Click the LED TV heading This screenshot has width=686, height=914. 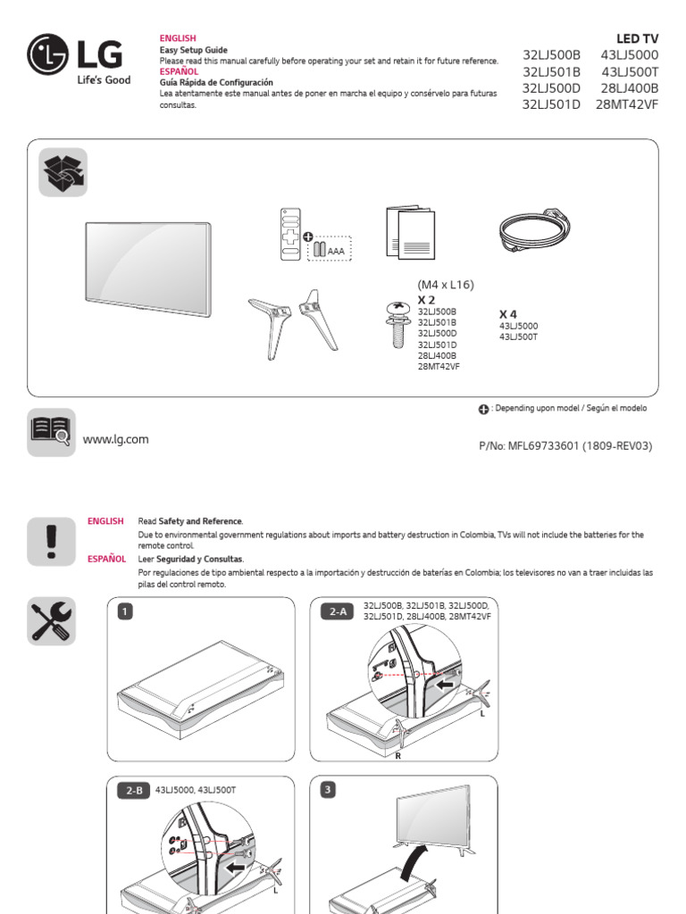coord(637,37)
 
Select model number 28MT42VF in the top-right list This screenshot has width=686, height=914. coord(626,104)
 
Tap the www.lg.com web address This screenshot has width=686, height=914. coord(115,439)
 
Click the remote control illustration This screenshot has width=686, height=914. coord(289,236)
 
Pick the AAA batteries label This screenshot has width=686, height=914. coord(335,252)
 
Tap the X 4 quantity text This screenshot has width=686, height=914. coord(507,314)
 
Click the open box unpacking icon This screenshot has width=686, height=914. coord(63,171)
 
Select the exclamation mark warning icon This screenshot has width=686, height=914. coord(51,541)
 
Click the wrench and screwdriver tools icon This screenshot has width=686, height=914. coord(52,621)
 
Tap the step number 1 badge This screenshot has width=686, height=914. coord(126,611)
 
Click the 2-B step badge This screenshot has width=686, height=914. coord(134,790)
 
